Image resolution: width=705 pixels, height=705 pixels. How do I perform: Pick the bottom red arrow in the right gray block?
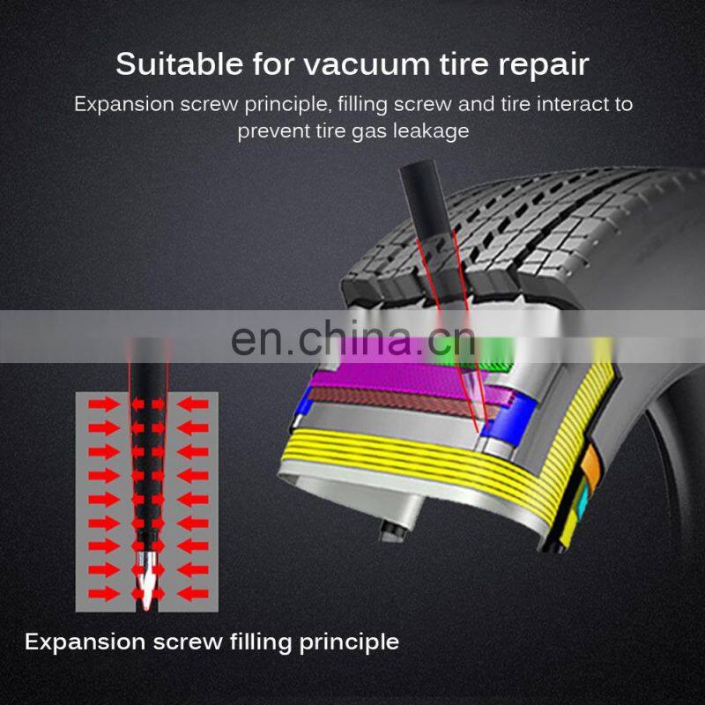(x=191, y=590)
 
